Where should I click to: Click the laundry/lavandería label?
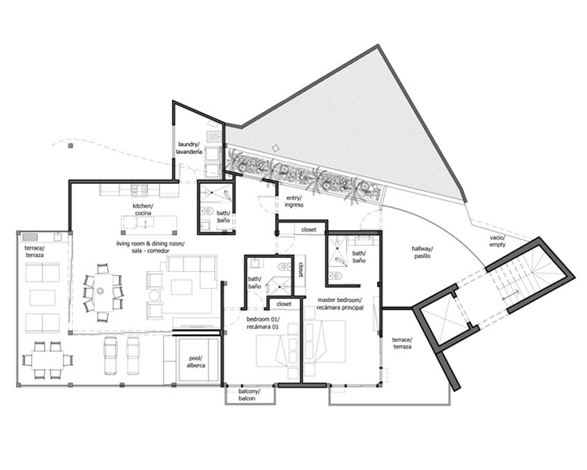click(189, 148)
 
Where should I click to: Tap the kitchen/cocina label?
click(143, 209)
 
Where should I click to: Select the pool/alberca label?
click(196, 361)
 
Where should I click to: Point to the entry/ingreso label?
click(293, 202)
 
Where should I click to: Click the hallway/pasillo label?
click(422, 252)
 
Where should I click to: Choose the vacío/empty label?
click(497, 241)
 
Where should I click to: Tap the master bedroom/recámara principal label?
click(340, 304)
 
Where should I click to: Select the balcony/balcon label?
click(249, 395)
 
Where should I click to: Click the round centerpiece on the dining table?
click(100, 290)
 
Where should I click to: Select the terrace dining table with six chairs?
click(47, 360)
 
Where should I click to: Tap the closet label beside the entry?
click(309, 229)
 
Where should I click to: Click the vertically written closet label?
click(300, 269)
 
